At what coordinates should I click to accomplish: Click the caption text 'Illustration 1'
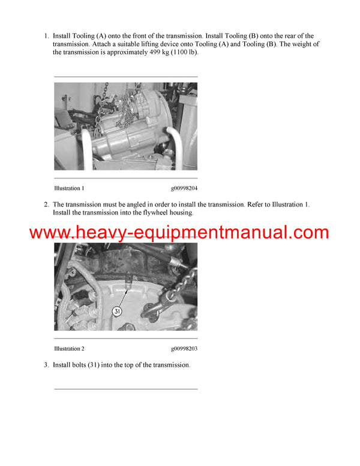[69, 188]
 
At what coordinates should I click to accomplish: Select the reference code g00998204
[184, 188]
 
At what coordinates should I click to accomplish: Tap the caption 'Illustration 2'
[69, 348]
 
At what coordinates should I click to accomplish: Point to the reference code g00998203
[184, 348]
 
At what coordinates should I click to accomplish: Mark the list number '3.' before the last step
[46, 365]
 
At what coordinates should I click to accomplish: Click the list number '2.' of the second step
[46, 205]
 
